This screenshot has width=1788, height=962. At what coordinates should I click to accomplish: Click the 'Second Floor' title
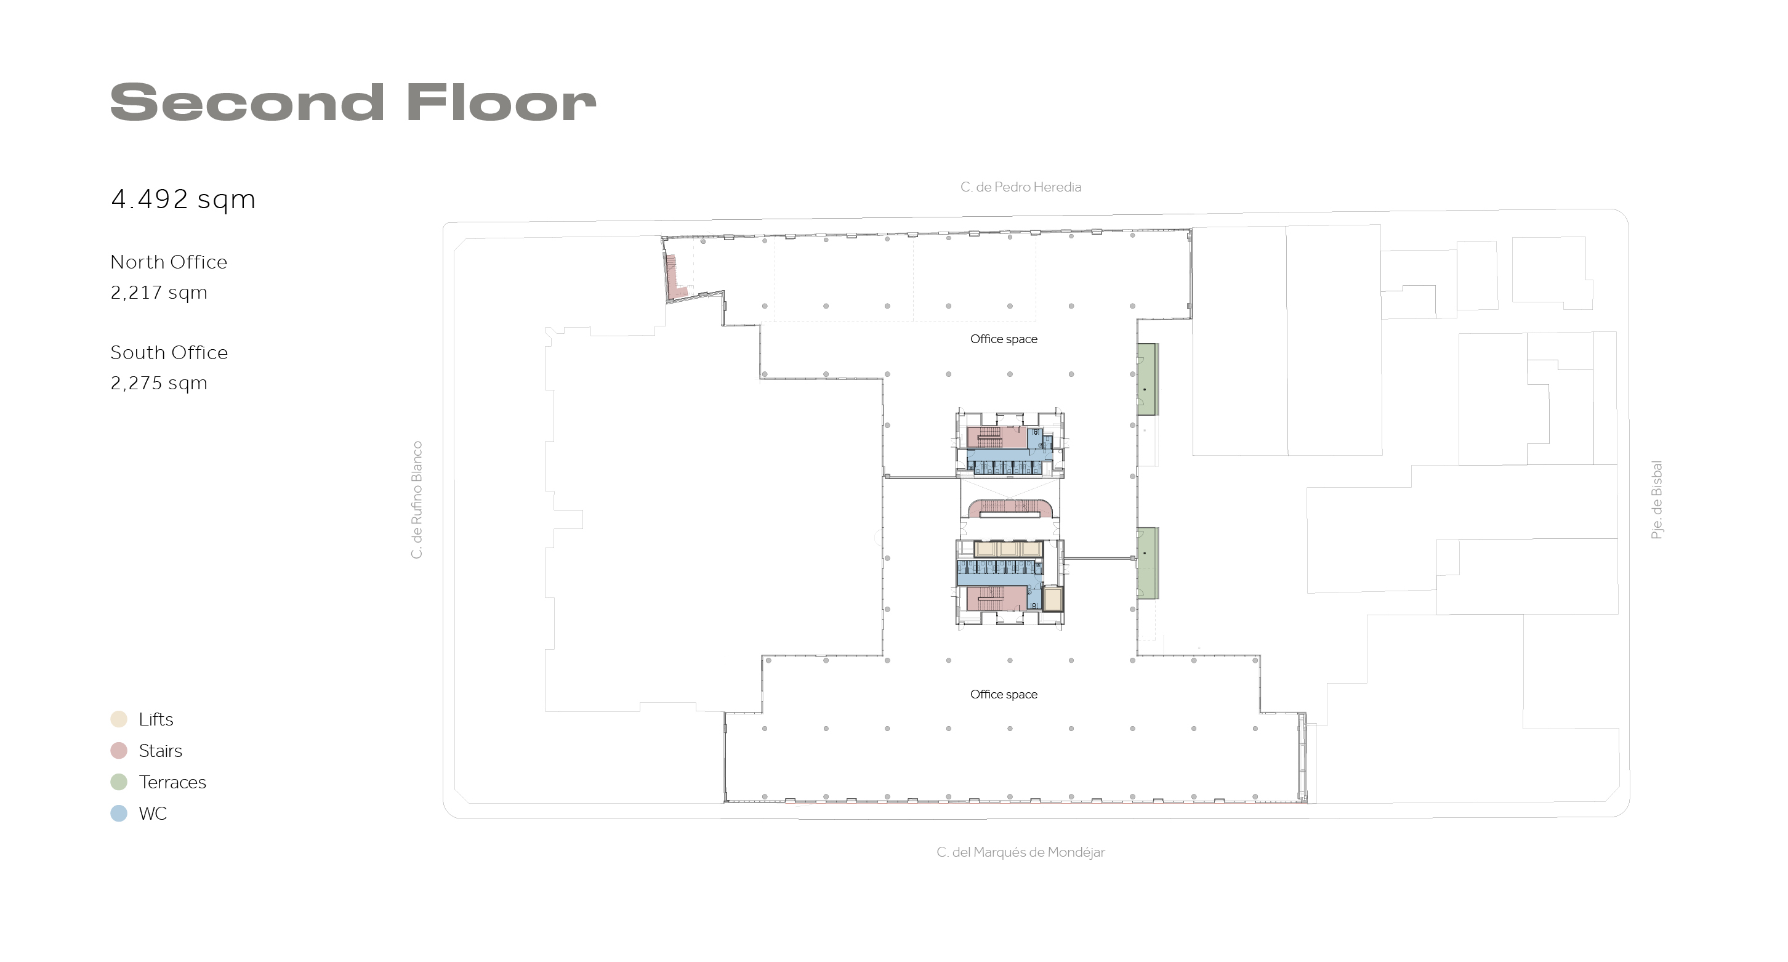[353, 102]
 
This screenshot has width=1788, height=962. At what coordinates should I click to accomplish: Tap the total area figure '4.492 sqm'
[183, 199]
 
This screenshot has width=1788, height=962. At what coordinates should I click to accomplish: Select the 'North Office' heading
[169, 262]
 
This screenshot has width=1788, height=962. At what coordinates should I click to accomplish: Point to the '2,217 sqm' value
[159, 292]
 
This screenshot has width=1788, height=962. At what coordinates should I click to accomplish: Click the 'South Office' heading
[169, 353]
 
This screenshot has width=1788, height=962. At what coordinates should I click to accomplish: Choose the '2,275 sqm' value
[159, 383]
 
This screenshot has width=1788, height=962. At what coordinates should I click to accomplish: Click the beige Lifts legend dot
[119, 719]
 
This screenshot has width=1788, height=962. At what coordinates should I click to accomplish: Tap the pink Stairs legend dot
[119, 750]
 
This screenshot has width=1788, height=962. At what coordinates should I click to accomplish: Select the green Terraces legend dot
[119, 782]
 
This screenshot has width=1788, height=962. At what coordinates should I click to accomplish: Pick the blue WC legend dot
[119, 814]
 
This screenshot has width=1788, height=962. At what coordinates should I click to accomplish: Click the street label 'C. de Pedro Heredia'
[1020, 187]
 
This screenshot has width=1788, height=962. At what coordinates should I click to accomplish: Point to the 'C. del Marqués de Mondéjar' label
[1020, 852]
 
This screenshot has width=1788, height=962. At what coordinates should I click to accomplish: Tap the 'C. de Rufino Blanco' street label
[416, 499]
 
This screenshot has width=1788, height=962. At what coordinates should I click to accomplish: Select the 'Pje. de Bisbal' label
[1657, 499]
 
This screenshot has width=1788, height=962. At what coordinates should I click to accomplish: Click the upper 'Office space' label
[1004, 339]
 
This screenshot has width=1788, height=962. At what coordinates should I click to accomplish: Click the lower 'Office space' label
[1004, 695]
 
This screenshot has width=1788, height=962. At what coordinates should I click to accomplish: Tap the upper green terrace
[1146, 379]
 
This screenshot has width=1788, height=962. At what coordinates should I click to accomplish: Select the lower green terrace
[1146, 563]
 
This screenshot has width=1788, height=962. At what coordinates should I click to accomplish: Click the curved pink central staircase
[1010, 508]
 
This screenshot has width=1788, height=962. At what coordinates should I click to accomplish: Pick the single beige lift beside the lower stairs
[1053, 599]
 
